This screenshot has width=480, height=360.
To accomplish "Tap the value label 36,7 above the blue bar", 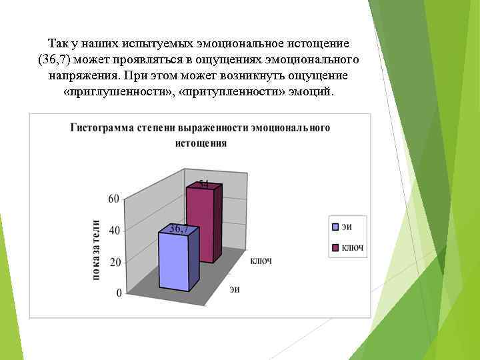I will pos(179,229).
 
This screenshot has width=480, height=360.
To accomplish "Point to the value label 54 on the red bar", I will pos(204,183).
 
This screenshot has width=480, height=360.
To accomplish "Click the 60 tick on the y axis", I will pos(113,198).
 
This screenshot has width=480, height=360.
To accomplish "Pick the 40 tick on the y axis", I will pos(113,230).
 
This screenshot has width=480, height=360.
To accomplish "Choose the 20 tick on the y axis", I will pos(113,262).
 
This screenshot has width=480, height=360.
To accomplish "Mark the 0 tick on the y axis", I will pos(118,293).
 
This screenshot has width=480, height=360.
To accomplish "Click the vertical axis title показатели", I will pos(97,250).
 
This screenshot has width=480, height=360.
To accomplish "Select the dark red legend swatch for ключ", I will pos(336,248).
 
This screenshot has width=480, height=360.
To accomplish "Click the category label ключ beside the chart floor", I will pos(261,261).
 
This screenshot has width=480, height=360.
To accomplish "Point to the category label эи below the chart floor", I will pos(235,289).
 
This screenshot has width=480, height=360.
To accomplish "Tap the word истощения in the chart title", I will pos(201,143).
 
